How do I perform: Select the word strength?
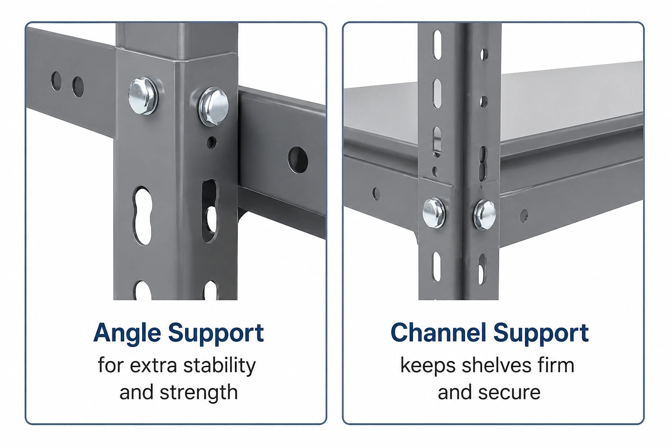[199, 392]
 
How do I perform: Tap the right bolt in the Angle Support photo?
[214, 106]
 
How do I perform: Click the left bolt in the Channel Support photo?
[434, 213]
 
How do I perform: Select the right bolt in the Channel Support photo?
[484, 214]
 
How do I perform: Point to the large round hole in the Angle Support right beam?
[298, 160]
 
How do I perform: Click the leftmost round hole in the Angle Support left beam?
[56, 80]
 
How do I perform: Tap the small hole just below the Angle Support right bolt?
[212, 143]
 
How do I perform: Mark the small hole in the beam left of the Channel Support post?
[376, 193]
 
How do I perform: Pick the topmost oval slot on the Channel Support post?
[437, 45]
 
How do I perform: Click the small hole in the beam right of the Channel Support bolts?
[524, 216]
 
